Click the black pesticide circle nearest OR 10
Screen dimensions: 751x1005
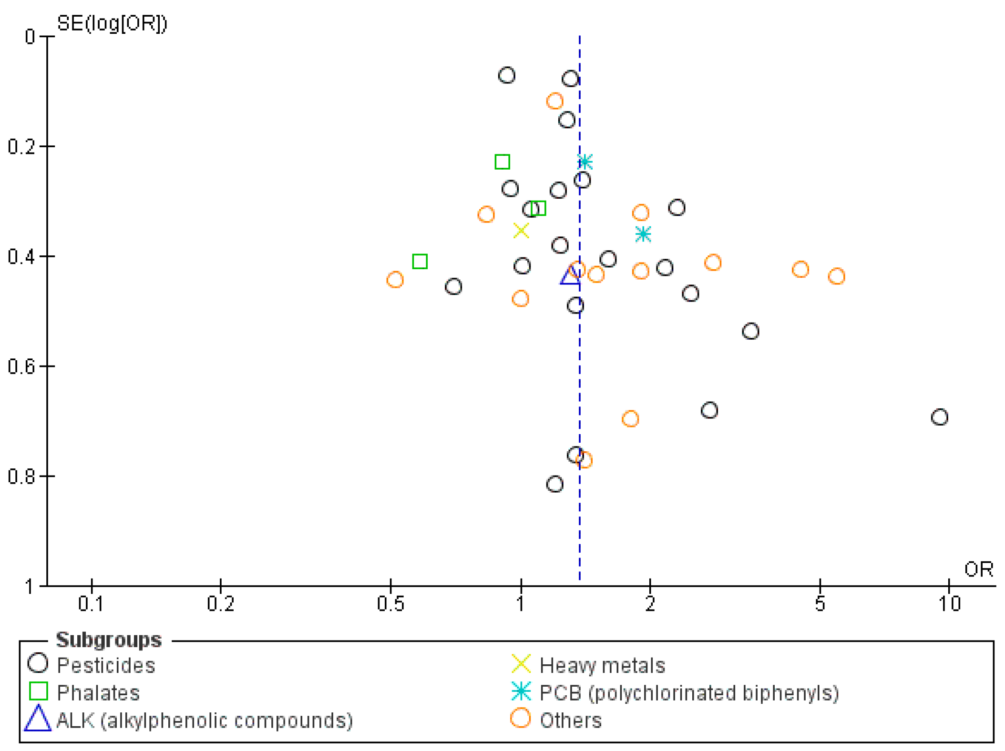point(939,417)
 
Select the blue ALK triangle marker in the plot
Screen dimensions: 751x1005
point(570,276)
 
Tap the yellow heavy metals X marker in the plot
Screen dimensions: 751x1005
point(521,231)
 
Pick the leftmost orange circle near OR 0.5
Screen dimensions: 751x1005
point(395,279)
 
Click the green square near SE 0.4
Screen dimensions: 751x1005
point(420,261)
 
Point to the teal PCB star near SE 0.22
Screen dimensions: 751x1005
point(585,162)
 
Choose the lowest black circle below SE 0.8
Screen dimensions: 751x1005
point(554,484)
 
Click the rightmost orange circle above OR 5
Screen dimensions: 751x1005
point(836,276)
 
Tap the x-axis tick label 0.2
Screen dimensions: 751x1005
point(221,604)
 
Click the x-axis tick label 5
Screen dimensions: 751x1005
point(820,604)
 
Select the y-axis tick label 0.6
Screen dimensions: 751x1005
point(21,366)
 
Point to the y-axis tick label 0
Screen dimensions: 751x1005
point(30,37)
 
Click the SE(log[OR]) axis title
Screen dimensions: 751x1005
point(112,23)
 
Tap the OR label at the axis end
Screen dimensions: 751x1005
point(978,569)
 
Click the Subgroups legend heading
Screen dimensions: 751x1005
point(109,640)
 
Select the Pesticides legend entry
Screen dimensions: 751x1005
point(106,665)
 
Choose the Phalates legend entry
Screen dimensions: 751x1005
point(98,692)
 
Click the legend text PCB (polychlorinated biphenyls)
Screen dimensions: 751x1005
point(688,692)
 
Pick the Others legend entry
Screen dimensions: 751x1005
point(570,720)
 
